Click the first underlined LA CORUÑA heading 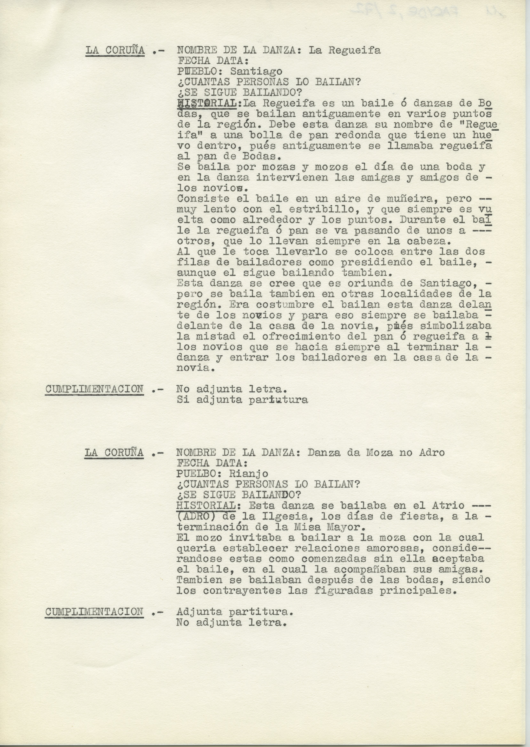115,51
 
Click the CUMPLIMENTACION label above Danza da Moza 94,389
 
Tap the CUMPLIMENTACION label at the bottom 94,612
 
